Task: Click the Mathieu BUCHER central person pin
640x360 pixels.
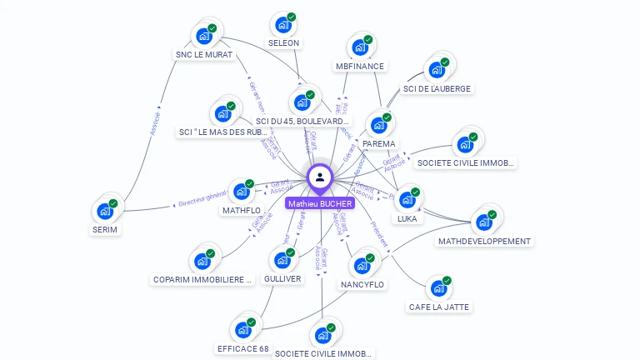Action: pyautogui.click(x=320, y=177)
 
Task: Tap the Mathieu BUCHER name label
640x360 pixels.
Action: pyautogui.click(x=320, y=203)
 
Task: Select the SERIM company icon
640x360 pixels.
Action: pyautogui.click(x=105, y=211)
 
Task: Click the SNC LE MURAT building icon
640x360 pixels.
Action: pyautogui.click(x=202, y=37)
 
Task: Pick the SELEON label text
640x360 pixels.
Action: pyautogui.click(x=283, y=42)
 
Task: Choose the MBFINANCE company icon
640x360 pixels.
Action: pyautogui.click(x=359, y=47)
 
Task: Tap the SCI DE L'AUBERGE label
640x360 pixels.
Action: pyautogui.click(x=437, y=88)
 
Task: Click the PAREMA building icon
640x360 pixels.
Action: pyautogui.click(x=379, y=125)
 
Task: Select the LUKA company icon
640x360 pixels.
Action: pyautogui.click(x=407, y=200)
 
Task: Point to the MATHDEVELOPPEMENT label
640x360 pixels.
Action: pyautogui.click(x=484, y=242)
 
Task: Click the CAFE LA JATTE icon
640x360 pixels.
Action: pyautogui.click(x=438, y=289)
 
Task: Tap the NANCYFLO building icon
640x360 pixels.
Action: pyautogui.click(x=362, y=266)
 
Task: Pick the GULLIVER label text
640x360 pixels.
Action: pyautogui.click(x=282, y=278)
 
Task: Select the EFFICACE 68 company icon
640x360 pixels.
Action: pyautogui.click(x=243, y=329)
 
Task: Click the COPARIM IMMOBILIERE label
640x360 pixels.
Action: pyautogui.click(x=202, y=280)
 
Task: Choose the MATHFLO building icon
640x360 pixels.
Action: pyautogui.click(x=242, y=192)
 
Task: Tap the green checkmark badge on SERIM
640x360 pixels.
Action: pyautogui.click(x=113, y=203)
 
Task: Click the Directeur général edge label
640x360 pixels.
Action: pyautogui.click(x=202, y=198)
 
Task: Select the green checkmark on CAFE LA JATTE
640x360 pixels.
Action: pyautogui.click(x=447, y=281)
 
